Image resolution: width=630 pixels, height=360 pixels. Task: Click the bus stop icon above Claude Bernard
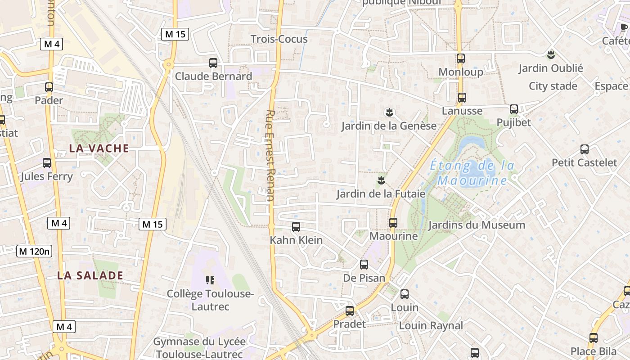(213, 63)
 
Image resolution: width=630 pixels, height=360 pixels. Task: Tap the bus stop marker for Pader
(49, 87)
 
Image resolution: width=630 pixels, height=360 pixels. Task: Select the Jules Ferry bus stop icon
(47, 163)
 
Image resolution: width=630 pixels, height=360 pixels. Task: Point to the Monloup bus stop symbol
(460, 58)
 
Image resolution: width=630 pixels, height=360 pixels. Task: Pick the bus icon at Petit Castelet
(585, 149)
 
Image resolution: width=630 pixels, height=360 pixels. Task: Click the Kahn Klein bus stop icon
(296, 227)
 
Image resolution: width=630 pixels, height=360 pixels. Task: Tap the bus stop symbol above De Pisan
(364, 265)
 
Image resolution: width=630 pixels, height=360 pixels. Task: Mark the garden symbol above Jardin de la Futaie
(381, 180)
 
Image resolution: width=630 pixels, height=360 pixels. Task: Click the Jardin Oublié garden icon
(550, 55)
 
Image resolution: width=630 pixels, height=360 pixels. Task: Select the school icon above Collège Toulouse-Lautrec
(210, 281)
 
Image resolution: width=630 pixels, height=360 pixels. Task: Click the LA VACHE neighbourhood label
(99, 148)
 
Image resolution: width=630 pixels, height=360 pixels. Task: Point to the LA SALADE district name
(90, 275)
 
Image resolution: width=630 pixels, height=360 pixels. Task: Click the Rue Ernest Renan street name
(270, 155)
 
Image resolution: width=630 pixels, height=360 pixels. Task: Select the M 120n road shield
(34, 251)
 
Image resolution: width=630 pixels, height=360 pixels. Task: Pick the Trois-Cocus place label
(279, 39)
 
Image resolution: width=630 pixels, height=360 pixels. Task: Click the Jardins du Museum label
(477, 225)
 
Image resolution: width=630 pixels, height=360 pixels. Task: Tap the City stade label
(553, 86)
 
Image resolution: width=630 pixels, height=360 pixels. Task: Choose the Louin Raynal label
(431, 325)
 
